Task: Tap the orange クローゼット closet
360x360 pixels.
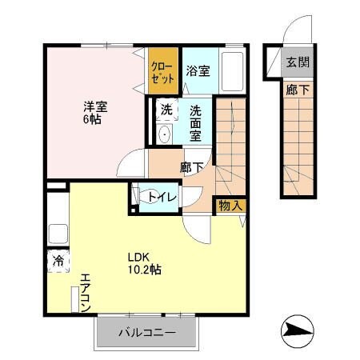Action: [x=157, y=74]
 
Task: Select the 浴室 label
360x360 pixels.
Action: [x=198, y=70]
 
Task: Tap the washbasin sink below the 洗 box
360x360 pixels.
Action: [x=164, y=134]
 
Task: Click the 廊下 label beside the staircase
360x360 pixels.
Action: [x=190, y=168]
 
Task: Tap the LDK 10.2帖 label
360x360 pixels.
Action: [x=145, y=264]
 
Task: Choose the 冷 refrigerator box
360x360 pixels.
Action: [x=59, y=262]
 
